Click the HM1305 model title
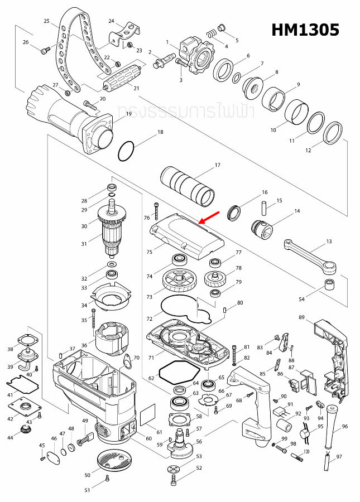305,30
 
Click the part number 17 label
218,165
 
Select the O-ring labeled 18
127,150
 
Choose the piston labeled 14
261,228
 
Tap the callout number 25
46,21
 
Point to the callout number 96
344,426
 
